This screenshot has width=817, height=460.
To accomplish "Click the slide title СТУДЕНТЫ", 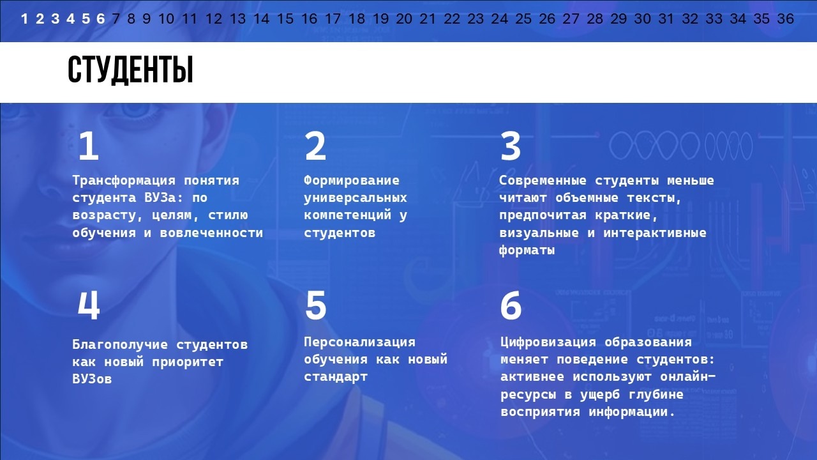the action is (130, 70).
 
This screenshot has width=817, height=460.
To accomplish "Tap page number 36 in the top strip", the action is (785, 19).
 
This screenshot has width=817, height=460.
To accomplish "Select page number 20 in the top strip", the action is (404, 19).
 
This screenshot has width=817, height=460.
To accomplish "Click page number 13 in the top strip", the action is (237, 19).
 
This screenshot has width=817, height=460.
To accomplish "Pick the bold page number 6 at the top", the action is (101, 19).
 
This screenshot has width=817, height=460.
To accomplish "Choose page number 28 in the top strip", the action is (594, 19).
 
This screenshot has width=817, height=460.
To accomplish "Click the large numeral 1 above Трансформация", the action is (89, 146).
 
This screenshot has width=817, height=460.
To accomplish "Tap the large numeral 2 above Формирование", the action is (315, 146).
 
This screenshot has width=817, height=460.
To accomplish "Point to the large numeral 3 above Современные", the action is (510, 146).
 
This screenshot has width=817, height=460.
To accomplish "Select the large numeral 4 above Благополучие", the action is (89, 305).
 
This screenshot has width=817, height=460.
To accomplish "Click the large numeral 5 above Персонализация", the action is (315, 305).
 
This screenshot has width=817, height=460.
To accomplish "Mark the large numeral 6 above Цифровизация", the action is (511, 305).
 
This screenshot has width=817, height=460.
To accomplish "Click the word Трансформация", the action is (124, 180).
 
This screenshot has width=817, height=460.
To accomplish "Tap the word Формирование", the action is (352, 180).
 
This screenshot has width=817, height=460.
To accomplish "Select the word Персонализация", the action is (359, 342).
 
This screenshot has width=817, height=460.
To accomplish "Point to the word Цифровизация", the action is (548, 342).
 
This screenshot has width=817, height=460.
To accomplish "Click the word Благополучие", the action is (120, 344).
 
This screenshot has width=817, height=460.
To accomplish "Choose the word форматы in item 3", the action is (527, 250).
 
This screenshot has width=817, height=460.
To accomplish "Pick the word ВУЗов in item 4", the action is (92, 379).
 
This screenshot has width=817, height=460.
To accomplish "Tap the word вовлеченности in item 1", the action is (211, 233).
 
